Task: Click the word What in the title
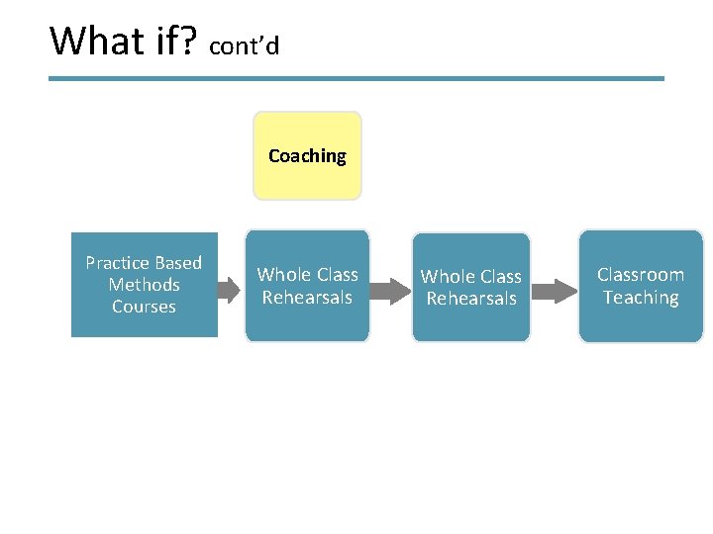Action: (x=97, y=42)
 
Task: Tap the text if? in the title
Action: (x=175, y=42)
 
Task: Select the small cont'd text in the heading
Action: (x=245, y=46)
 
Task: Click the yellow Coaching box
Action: (x=307, y=156)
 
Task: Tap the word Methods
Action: (x=144, y=285)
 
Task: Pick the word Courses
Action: (x=144, y=307)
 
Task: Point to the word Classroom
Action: (x=641, y=275)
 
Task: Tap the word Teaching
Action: (x=641, y=298)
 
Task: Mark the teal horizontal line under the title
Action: (x=356, y=79)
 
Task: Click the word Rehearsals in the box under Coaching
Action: (x=307, y=298)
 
